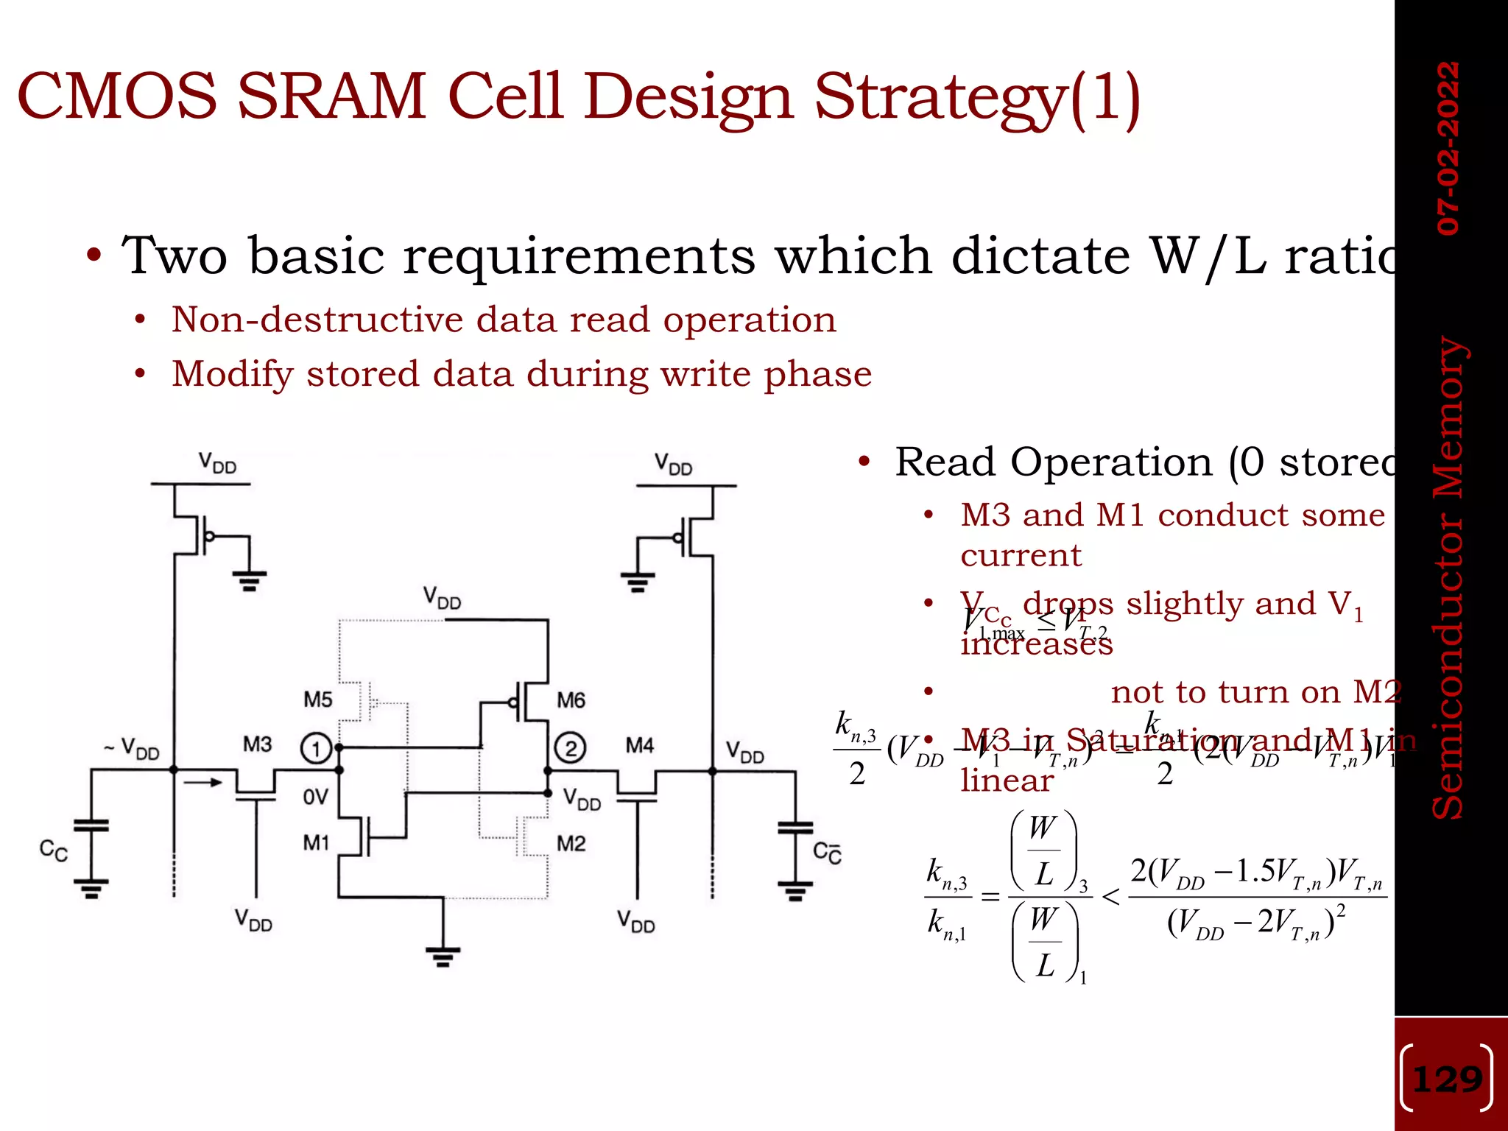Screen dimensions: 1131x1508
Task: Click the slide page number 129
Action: click(x=1447, y=1079)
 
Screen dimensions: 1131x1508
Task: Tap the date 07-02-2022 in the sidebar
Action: click(x=1448, y=148)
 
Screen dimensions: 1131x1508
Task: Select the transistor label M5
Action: click(x=318, y=699)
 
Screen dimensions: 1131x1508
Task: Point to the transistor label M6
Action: click(x=571, y=700)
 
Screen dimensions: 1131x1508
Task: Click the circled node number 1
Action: click(x=316, y=749)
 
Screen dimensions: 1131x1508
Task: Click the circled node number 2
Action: click(x=570, y=748)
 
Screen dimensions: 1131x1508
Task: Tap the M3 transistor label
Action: click(x=258, y=744)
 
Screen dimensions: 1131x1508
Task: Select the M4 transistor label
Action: click(x=639, y=745)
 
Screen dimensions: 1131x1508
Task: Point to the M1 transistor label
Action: click(x=316, y=842)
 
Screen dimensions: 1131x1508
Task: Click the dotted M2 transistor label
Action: click(x=571, y=843)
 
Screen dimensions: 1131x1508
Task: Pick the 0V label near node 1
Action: click(x=315, y=797)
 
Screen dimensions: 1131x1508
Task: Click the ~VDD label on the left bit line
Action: click(x=132, y=749)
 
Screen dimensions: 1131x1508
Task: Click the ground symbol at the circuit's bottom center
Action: click(x=443, y=955)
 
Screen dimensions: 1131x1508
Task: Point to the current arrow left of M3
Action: click(x=202, y=782)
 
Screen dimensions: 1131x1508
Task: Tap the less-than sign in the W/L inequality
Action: click(x=1110, y=897)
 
